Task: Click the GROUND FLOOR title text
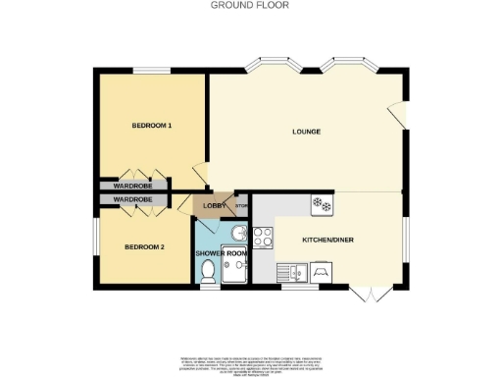coord(250,5)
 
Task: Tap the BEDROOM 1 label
coord(152,126)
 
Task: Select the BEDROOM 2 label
coord(143,246)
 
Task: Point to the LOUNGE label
coord(307,132)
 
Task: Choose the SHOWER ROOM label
coord(222,253)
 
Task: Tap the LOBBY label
coord(215,206)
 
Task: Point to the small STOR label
coord(241,206)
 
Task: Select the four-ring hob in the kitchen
coord(263,236)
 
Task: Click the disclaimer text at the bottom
coord(250,364)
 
